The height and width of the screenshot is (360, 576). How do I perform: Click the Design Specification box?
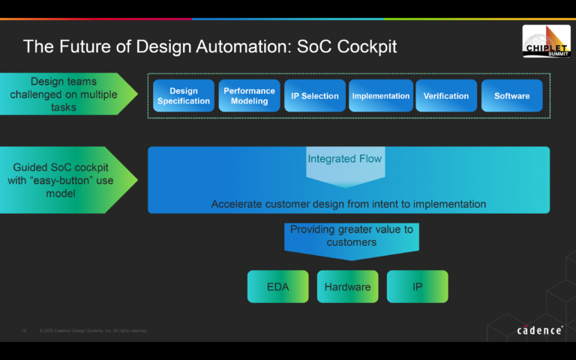[184, 96]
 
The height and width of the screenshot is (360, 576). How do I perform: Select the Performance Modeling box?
[249, 96]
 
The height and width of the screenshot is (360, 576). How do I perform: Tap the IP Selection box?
[315, 96]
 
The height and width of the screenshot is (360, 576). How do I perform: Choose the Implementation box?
[381, 96]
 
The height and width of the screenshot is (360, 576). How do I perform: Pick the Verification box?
[446, 96]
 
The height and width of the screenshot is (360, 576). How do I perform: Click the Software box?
[511, 96]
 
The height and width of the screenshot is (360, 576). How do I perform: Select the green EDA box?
[277, 286]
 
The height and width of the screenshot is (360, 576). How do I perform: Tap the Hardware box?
[347, 286]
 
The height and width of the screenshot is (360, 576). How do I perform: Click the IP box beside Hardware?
[417, 286]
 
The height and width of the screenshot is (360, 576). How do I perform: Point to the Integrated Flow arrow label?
[345, 159]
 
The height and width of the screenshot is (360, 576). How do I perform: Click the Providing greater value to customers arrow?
[351, 236]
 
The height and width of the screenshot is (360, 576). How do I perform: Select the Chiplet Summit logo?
[546, 41]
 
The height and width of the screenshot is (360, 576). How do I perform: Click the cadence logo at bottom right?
[539, 330]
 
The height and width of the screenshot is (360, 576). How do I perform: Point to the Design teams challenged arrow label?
[63, 94]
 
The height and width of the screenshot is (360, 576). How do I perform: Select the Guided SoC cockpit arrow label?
[63, 180]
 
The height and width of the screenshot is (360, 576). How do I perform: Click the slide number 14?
[24, 330]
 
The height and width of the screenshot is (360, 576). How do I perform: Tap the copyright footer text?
[94, 330]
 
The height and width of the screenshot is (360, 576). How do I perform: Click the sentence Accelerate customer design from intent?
[348, 204]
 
